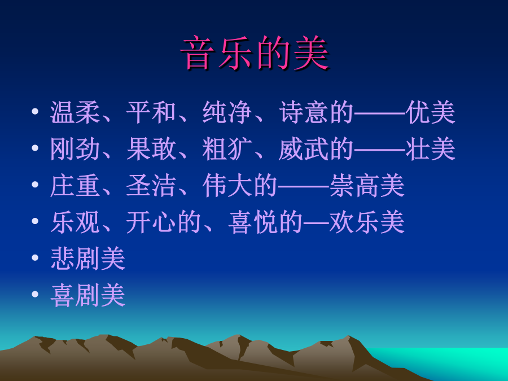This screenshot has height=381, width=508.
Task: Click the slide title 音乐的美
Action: tap(255, 53)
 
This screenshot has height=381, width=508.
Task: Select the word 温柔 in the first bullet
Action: tap(75, 112)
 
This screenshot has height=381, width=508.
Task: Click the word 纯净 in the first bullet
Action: tap(227, 112)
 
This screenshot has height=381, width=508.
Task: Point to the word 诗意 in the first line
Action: tap(304, 112)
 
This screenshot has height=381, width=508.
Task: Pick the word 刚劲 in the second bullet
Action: tap(75, 149)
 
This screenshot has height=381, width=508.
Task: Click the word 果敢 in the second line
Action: tap(151, 149)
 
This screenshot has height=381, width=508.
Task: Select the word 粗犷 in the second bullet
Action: tap(227, 149)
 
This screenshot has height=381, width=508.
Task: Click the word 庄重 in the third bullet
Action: tap(75, 186)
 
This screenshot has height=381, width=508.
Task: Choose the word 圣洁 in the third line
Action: tap(151, 186)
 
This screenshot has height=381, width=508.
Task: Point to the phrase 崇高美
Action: tap(367, 186)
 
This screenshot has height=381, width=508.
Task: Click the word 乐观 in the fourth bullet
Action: tap(75, 222)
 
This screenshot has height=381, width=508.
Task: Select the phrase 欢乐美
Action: tap(367, 222)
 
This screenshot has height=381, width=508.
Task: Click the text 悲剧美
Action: tap(88, 259)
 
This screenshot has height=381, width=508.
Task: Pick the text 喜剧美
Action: tap(88, 295)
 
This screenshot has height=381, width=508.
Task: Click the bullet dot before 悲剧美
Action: tap(35, 258)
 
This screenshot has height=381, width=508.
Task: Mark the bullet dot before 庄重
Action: tap(35, 185)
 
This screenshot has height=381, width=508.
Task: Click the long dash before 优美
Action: tap(380, 113)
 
